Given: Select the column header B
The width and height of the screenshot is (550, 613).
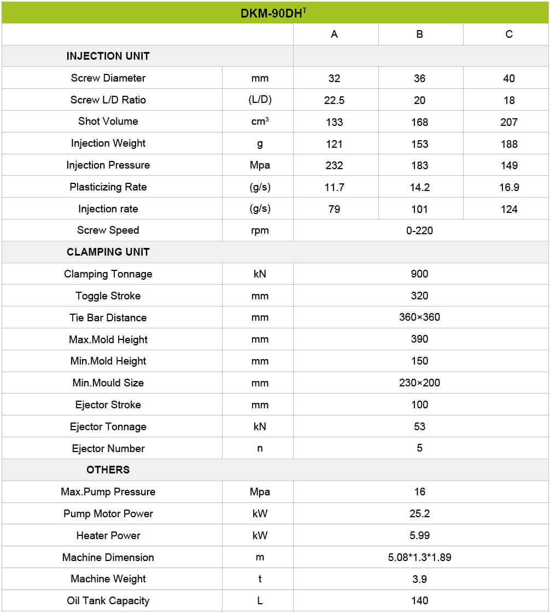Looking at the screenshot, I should point(419,34).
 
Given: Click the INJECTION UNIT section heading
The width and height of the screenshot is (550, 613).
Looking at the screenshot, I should point(108,56).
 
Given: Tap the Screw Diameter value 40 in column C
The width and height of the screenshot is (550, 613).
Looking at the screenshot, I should point(508,78).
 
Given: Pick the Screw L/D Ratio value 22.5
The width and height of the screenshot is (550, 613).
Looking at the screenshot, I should point(334,100).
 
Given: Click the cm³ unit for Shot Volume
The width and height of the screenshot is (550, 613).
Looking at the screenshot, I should point(260,122).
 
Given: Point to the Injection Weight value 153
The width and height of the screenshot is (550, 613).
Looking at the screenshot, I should point(419,144).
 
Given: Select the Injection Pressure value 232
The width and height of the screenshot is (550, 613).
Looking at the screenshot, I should point(334,165).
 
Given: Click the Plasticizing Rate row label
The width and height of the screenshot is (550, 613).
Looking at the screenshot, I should point(108,187).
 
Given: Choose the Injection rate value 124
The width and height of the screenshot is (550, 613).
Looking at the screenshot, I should point(508,209).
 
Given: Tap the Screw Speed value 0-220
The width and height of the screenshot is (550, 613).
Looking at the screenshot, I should point(419,230).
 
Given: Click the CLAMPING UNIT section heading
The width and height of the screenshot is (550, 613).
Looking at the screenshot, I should point(108,252).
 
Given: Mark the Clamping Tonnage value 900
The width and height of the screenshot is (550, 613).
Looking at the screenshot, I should point(419,274).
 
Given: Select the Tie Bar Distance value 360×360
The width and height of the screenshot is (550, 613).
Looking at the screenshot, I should point(419,317).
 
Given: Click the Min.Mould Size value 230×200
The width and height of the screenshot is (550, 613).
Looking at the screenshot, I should point(419,383).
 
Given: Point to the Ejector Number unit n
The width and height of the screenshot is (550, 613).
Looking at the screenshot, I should point(260,448).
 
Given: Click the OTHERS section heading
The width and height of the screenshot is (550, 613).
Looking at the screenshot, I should point(108,470).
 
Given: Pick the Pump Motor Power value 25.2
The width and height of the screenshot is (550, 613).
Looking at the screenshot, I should point(419,513).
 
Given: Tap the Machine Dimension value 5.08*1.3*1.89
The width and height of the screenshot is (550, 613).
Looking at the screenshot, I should point(419,557).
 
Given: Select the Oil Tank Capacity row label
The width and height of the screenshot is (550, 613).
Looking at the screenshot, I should point(108,600).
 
